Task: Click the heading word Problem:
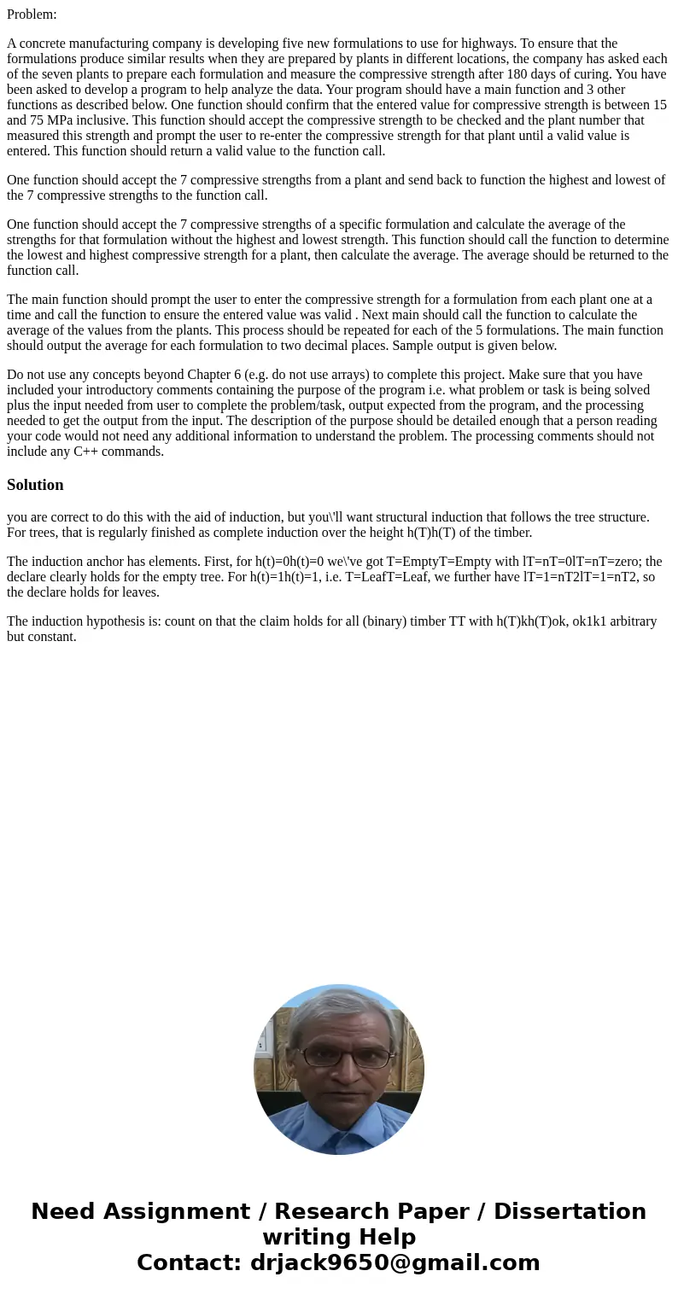click(32, 15)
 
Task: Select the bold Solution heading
click(35, 485)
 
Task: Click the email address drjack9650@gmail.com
click(395, 1263)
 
